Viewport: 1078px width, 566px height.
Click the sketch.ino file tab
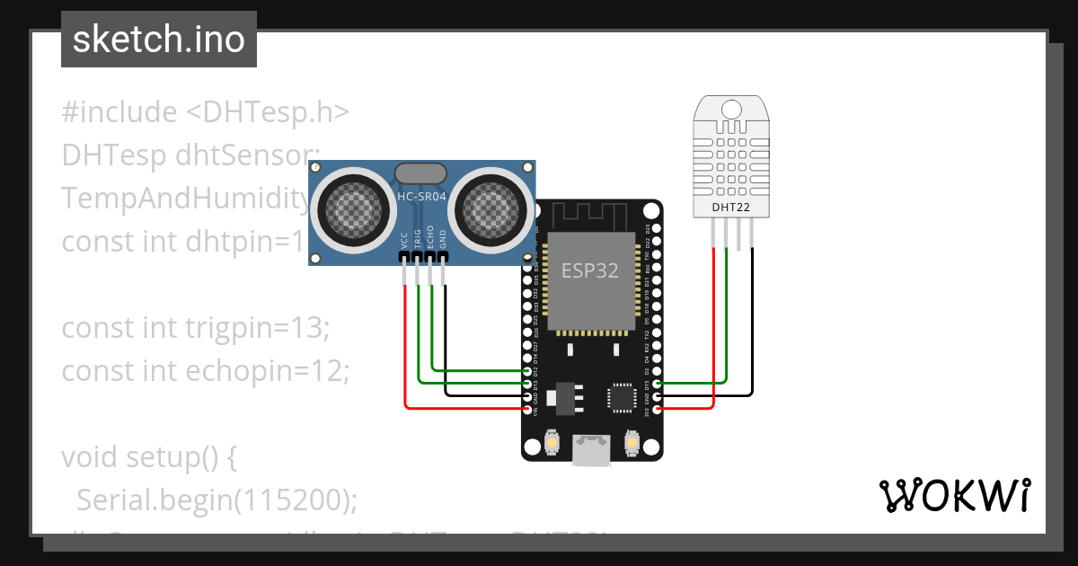(x=158, y=40)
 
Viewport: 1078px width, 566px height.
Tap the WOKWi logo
(x=953, y=495)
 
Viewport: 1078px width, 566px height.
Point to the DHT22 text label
(x=732, y=208)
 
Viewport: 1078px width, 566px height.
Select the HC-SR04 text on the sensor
(x=421, y=197)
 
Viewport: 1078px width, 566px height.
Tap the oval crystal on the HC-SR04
(x=420, y=173)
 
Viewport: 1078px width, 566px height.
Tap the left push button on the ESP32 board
(x=553, y=442)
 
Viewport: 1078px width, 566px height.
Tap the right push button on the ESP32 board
(x=631, y=442)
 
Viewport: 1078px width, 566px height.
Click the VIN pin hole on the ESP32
(x=527, y=409)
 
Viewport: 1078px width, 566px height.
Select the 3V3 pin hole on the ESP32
(x=658, y=409)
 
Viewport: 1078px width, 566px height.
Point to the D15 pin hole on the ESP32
(x=658, y=384)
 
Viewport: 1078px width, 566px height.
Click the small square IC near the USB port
(x=621, y=397)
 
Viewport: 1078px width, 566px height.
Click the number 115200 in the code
(x=287, y=500)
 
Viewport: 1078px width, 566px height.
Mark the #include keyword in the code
(x=119, y=112)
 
